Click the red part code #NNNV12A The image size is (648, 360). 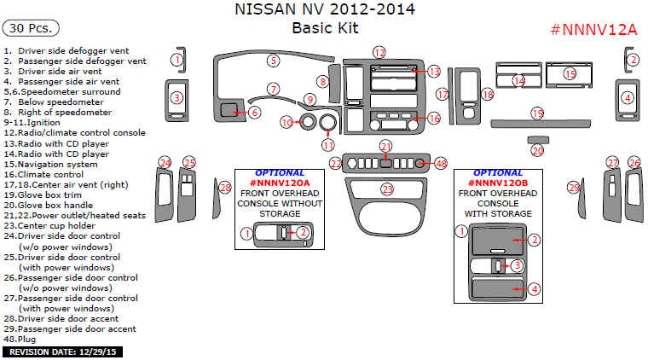pos(593,30)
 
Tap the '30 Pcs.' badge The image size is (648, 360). pos(31,28)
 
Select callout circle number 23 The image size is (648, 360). pos(387,189)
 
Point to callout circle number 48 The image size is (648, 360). pos(441,162)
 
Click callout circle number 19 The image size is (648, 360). pos(537,113)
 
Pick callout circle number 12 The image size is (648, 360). pos(379,52)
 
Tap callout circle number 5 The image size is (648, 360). pos(273,61)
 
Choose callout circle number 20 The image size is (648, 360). pos(537,151)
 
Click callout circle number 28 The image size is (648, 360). pos(225,188)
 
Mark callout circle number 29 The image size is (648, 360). pos(574,188)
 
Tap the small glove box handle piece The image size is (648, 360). pos(538,139)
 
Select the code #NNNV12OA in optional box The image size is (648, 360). pos(279,183)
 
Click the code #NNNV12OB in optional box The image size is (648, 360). pos(498,183)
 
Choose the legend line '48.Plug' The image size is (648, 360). pos(22,339)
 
